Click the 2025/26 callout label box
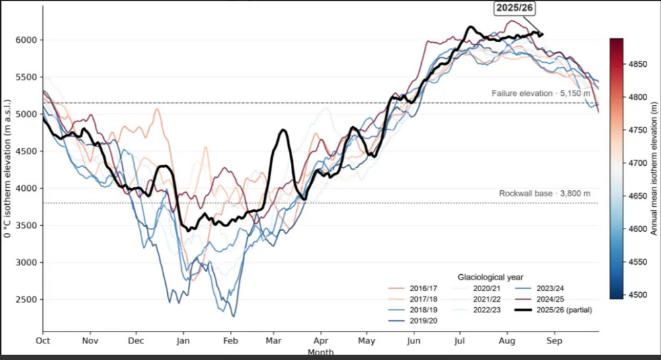click(514, 8)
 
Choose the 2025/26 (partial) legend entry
click(553, 310)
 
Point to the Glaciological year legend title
click(490, 277)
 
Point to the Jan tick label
click(183, 340)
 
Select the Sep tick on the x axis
click(555, 340)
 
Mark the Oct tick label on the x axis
click(42, 340)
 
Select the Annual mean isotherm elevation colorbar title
click(654, 168)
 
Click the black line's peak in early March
click(283, 130)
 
